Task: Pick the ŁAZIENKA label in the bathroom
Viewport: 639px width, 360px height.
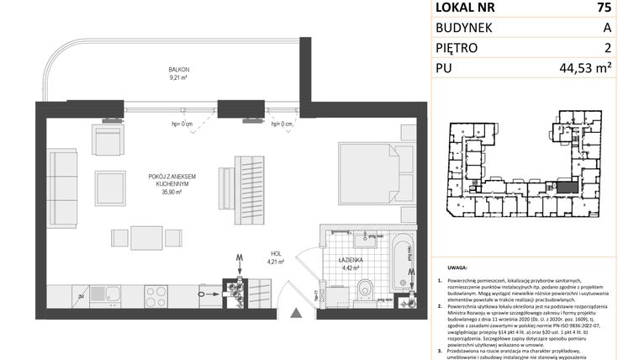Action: coord(351,261)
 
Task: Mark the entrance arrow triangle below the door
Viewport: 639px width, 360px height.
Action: coord(295,315)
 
